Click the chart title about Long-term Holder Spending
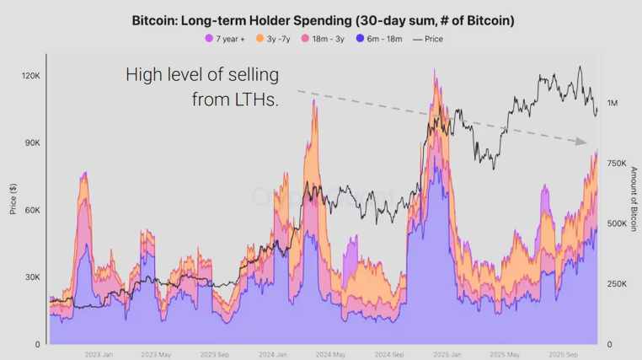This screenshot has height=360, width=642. point(323,19)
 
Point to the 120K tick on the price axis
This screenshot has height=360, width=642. point(30,76)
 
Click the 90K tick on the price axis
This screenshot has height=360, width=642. point(32,143)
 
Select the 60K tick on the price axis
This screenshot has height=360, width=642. point(32,211)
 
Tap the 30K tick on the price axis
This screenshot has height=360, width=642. point(32,277)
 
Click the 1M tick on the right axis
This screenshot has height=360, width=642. point(613,103)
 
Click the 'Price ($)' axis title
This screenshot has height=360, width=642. point(13,199)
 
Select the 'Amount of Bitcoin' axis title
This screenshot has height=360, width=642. point(634,199)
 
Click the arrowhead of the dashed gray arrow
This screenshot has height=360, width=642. point(581,142)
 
